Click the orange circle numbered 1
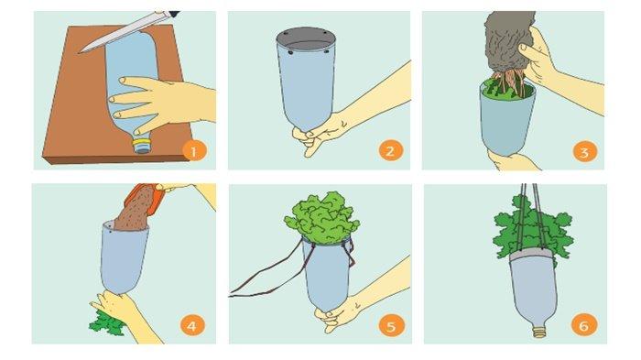tap(194, 151)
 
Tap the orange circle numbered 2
tap(390, 151)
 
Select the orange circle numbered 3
tap(584, 152)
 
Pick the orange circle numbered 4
tap(192, 325)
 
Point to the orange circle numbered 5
tap(390, 326)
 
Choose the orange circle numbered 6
tap(584, 325)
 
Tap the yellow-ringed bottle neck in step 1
tap(143, 146)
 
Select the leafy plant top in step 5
tap(323, 218)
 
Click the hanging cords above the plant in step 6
tap(532, 217)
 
